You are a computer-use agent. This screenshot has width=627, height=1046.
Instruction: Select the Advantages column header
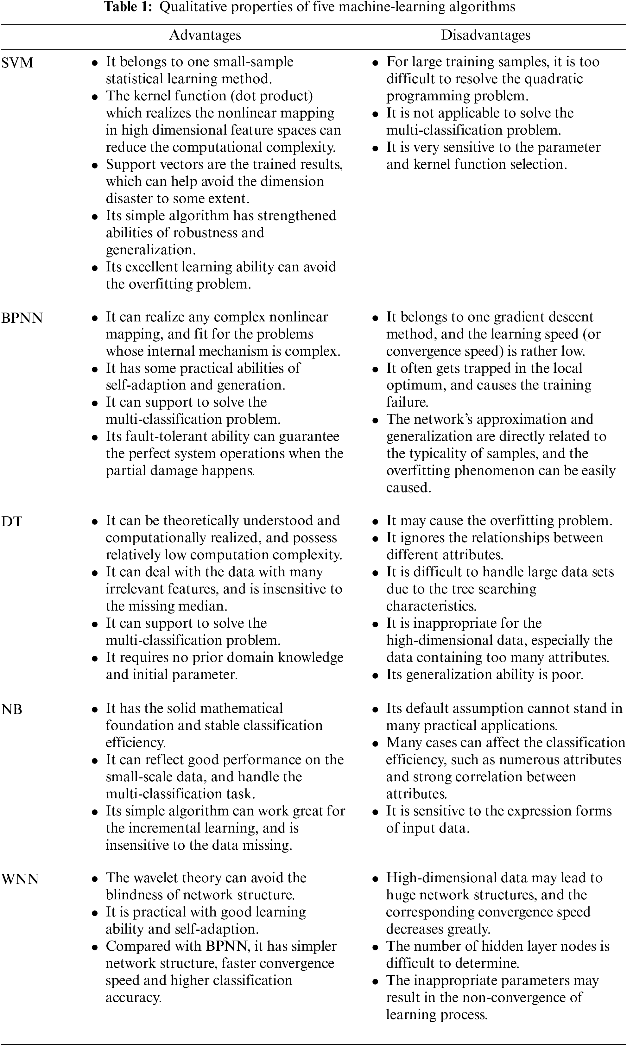205,35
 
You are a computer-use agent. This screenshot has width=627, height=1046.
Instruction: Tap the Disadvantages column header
485,35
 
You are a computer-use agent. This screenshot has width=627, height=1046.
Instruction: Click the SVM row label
17,63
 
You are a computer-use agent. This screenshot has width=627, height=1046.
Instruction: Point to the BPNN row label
22,318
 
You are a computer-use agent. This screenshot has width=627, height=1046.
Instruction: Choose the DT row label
12,522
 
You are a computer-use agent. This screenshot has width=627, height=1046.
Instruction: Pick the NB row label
12,709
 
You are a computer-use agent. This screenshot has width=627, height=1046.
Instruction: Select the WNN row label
20,879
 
